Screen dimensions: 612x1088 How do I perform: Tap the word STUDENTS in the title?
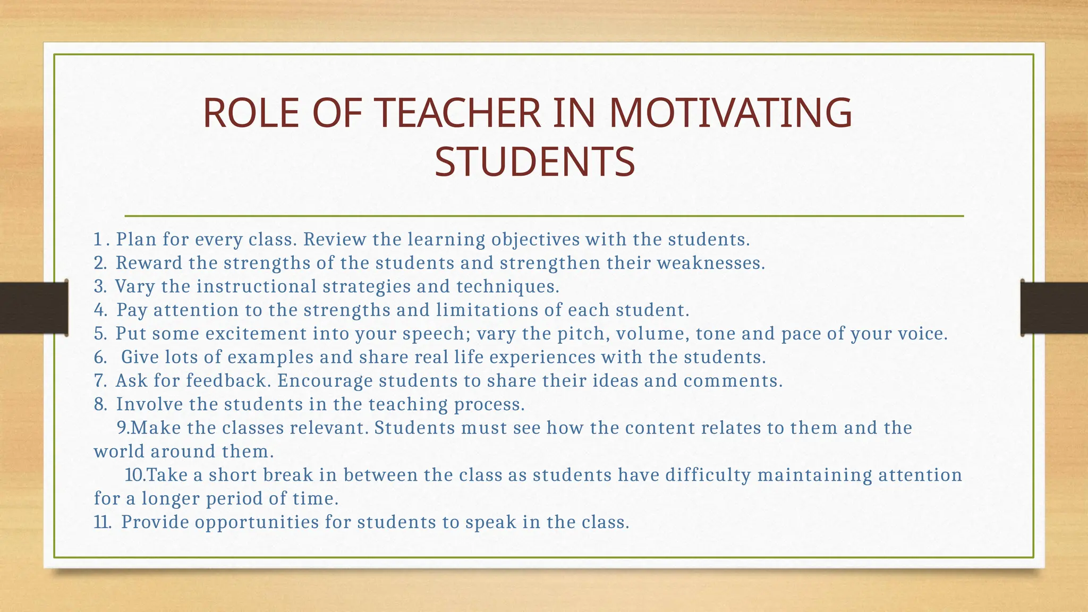[534, 161]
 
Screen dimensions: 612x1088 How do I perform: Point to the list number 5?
[100, 334]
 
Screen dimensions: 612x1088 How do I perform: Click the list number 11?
[102, 522]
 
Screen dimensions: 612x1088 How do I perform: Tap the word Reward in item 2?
[149, 263]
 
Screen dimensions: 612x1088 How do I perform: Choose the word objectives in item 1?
[535, 240]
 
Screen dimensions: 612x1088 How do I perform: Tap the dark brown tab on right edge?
[1054, 308]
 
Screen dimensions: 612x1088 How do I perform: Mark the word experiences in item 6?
[542, 357]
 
